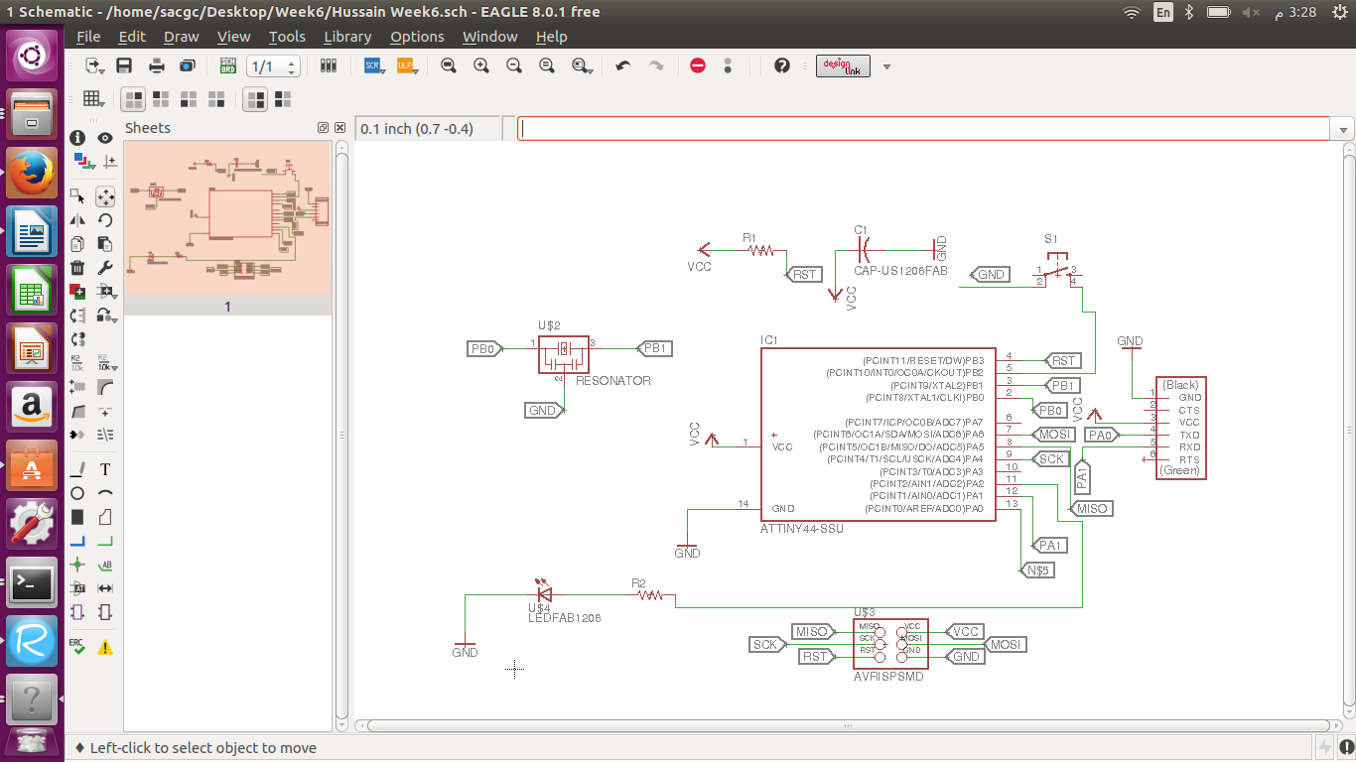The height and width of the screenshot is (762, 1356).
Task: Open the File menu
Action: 88,37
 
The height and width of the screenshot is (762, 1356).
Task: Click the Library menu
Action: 347,37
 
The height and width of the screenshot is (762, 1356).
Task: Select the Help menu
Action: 551,37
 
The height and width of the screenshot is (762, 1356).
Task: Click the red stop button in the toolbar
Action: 698,65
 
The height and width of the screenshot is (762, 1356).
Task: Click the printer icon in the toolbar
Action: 157,65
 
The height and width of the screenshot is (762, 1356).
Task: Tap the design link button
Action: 843,65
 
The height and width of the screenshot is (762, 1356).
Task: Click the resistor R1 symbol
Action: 760,250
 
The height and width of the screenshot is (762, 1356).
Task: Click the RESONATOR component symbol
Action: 563,352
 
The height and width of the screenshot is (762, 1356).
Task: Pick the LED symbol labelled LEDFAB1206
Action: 542,593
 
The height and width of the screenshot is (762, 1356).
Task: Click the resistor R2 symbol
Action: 650,595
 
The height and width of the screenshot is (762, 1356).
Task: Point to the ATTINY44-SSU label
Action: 802,529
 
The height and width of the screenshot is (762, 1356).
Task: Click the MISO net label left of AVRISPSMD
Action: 812,632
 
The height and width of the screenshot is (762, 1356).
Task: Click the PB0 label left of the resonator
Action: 484,349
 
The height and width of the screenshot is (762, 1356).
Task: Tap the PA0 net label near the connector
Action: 1100,435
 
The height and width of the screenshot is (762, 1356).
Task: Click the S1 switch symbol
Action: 1058,270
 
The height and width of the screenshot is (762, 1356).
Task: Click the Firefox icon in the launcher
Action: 32,173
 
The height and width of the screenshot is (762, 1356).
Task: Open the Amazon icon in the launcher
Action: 32,406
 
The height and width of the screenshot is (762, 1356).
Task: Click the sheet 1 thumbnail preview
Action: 226,218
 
